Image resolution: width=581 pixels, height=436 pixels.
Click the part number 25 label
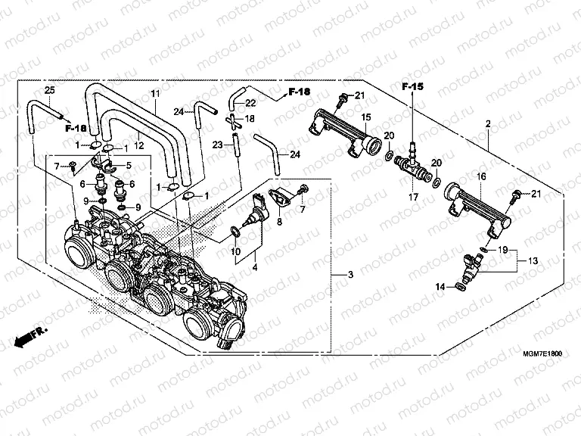(x=49, y=91)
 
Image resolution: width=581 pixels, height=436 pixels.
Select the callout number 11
(x=154, y=93)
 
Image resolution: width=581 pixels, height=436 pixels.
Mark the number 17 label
(x=412, y=198)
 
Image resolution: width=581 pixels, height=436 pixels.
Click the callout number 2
(x=489, y=123)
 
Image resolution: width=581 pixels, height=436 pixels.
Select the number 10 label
(x=235, y=251)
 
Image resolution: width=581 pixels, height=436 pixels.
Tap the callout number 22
(x=250, y=103)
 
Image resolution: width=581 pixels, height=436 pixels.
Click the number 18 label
(x=250, y=120)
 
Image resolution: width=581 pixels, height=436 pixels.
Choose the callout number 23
(x=216, y=144)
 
